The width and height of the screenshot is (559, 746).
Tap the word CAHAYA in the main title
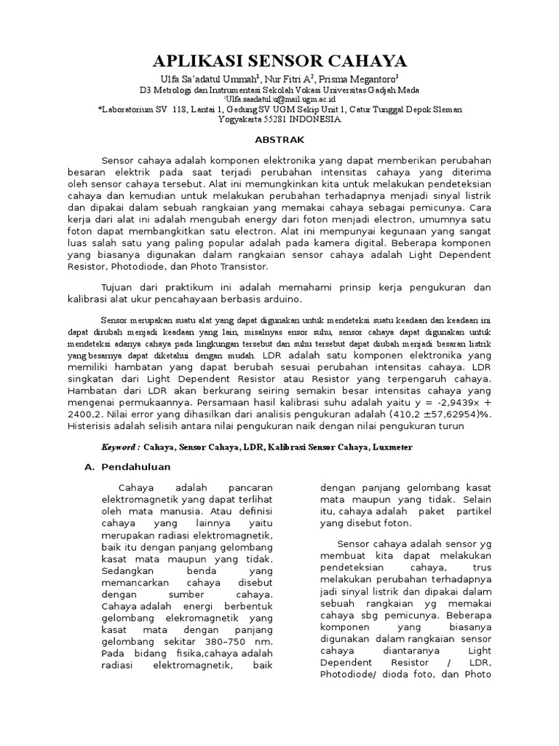tap(366, 60)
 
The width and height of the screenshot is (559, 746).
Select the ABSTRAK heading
tap(279, 139)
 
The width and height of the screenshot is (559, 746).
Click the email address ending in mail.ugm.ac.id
tap(279, 98)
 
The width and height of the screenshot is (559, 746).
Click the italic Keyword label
tap(120, 447)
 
